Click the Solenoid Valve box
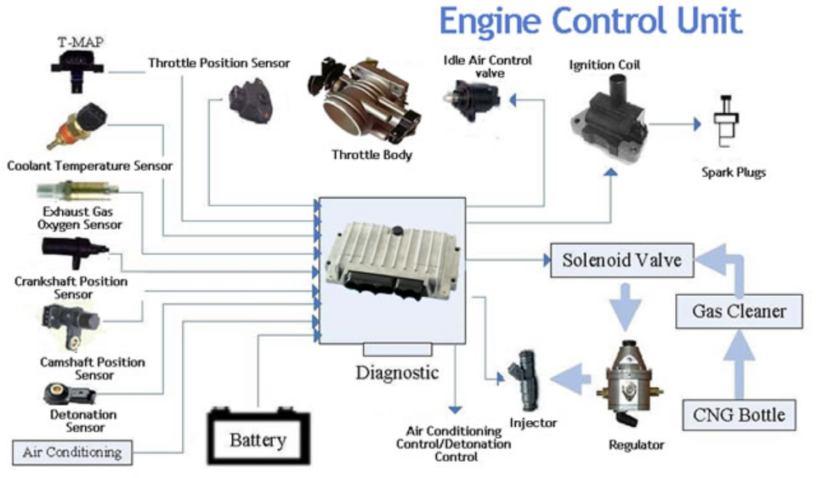[622, 260]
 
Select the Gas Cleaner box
[739, 311]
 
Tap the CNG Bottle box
[739, 415]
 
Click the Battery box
[258, 437]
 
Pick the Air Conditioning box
[72, 452]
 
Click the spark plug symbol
[726, 121]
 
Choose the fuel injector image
[525, 379]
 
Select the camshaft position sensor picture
[70, 326]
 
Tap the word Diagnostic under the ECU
[397, 373]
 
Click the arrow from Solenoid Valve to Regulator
[625, 308]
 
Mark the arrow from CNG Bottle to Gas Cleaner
[739, 365]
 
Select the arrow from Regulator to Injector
[570, 379]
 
